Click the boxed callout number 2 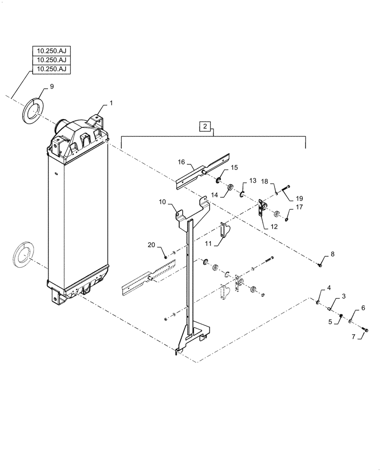point(204,126)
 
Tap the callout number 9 point(52,87)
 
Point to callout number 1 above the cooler point(111,102)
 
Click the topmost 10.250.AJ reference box point(51,51)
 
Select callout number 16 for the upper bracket point(181,162)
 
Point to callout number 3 point(344,296)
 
